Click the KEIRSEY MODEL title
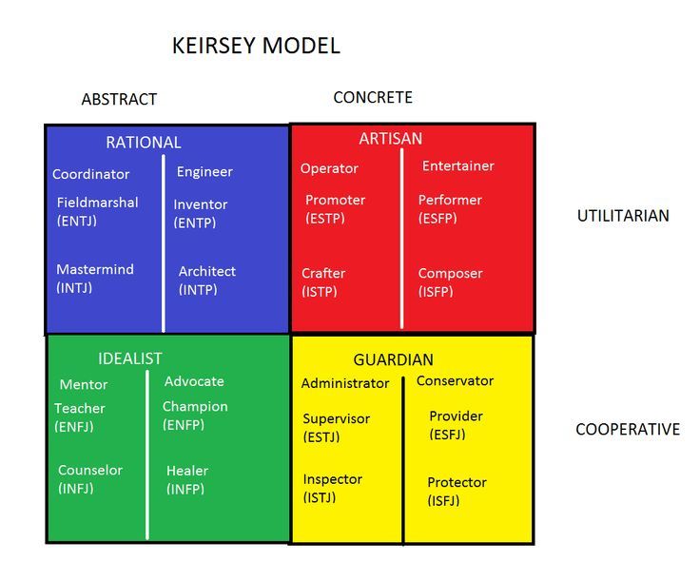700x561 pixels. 256,46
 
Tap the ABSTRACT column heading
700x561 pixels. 119,99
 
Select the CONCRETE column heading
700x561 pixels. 373,97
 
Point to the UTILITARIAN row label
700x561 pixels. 623,216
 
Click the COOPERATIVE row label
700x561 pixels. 628,430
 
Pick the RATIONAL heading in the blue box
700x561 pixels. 144,143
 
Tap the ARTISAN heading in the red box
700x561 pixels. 391,139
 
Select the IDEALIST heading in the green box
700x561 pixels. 130,358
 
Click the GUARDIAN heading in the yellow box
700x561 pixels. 394,359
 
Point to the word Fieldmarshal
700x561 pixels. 98,203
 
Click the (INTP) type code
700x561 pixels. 198,290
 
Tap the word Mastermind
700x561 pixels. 95,269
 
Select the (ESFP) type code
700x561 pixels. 437,219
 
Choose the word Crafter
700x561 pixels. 323,273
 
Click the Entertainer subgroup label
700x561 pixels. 458,166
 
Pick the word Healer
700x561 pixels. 187,471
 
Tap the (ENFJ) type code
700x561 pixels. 74,427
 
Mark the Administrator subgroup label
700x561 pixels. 345,383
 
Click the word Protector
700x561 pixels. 457,482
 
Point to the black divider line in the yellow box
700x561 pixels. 403,460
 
